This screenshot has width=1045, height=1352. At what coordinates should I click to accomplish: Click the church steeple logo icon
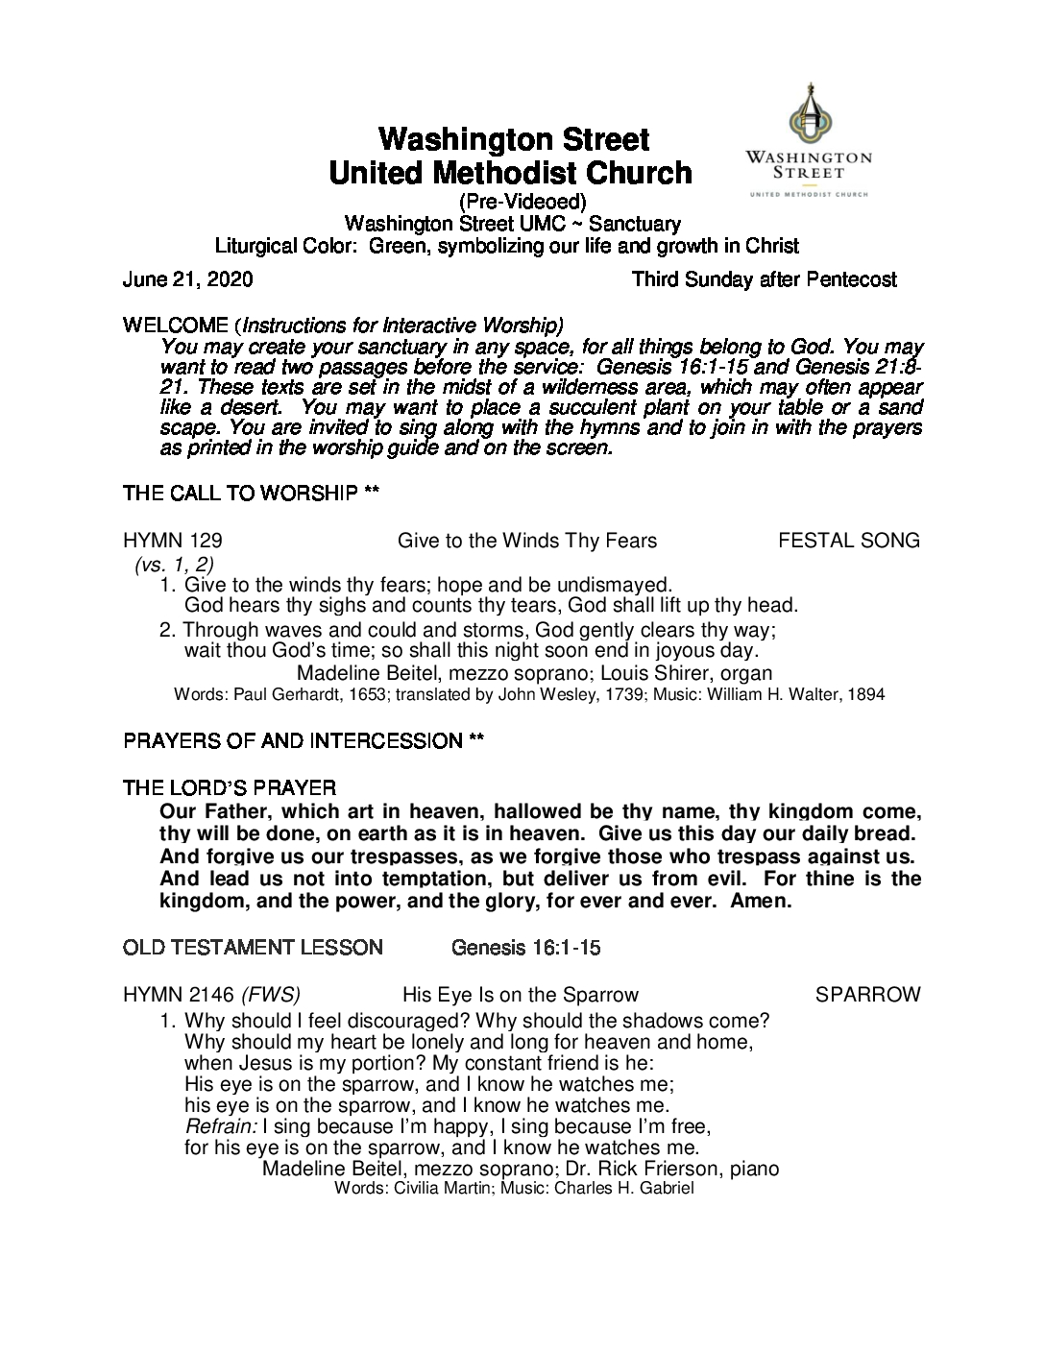[810, 115]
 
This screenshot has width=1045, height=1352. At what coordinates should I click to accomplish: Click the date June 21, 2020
[188, 279]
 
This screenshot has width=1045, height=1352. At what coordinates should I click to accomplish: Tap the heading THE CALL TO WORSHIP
[242, 494]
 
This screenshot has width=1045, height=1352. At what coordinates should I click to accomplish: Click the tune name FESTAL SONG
[848, 541]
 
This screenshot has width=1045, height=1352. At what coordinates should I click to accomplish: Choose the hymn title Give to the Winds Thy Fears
[527, 541]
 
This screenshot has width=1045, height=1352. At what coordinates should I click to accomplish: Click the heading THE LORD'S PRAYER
[230, 788]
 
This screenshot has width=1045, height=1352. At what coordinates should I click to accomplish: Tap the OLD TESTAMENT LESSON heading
[253, 948]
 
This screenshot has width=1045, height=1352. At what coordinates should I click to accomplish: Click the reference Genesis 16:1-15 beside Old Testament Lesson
[526, 948]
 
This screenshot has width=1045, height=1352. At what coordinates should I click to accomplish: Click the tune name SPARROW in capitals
[867, 995]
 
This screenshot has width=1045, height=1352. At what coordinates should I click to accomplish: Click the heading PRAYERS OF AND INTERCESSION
[293, 741]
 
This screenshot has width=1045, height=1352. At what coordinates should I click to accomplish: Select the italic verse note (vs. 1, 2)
[174, 564]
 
